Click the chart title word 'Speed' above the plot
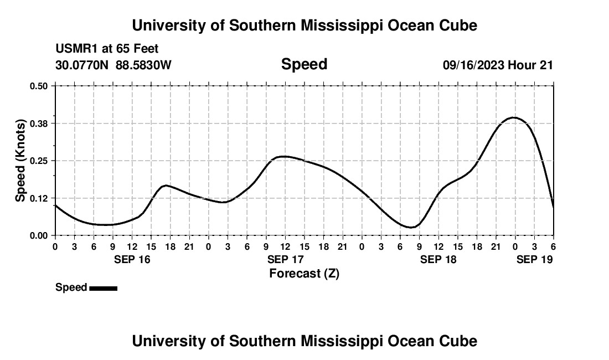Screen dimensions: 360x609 pyautogui.click(x=304, y=64)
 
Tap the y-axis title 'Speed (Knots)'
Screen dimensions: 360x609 pyautogui.click(x=20, y=160)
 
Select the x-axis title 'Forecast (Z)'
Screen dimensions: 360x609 pyautogui.click(x=304, y=273)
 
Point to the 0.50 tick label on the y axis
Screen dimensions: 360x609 pyautogui.click(x=39, y=86)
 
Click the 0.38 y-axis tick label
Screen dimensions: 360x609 pyautogui.click(x=39, y=123)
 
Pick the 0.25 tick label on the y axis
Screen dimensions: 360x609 pyautogui.click(x=39, y=161)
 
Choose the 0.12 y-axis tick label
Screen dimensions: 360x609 pyautogui.click(x=39, y=198)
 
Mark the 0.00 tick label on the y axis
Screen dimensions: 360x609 pyautogui.click(x=39, y=235)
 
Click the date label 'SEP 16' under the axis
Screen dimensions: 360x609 pyautogui.click(x=132, y=259)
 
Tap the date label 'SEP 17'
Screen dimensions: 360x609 pyautogui.click(x=285, y=259)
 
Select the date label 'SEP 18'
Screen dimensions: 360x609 pyautogui.click(x=438, y=259)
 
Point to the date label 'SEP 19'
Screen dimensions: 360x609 pyautogui.click(x=534, y=259)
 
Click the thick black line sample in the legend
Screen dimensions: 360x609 pyautogui.click(x=103, y=288)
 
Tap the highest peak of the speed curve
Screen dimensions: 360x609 pyautogui.click(x=514, y=117)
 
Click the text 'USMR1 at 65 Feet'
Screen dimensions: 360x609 pyautogui.click(x=107, y=49)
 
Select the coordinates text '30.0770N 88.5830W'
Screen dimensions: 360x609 pyautogui.click(x=113, y=65)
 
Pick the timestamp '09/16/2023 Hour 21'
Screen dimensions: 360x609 pyautogui.click(x=498, y=65)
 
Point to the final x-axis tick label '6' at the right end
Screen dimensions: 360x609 pyautogui.click(x=553, y=246)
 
